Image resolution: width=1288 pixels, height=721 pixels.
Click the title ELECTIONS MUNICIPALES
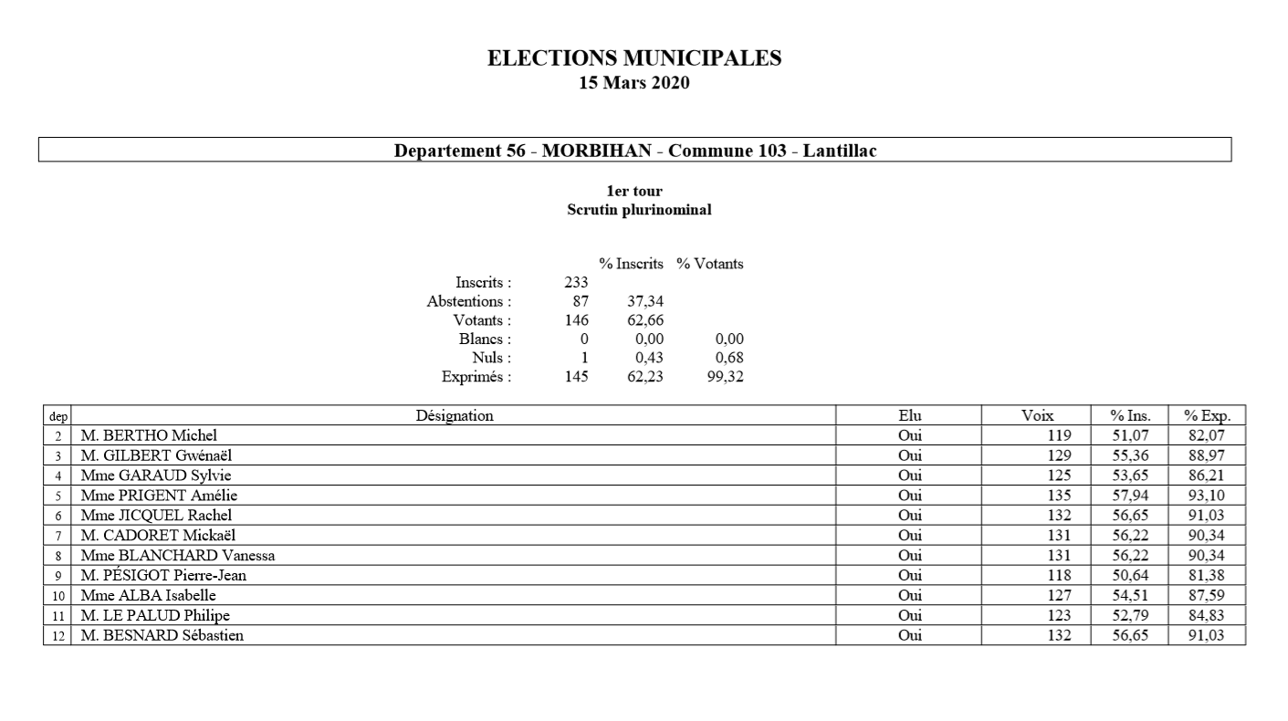634,58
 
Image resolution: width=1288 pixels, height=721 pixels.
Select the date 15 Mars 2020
634,83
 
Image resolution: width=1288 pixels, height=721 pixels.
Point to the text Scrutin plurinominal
639,209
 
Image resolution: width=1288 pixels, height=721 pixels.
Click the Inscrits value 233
576,283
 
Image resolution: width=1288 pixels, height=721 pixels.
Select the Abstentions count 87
580,301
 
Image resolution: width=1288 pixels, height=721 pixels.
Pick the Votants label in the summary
482,320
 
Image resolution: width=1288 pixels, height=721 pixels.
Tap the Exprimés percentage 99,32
725,376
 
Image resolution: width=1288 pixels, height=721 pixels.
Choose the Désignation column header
454,416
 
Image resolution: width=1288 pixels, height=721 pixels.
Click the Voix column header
1037,416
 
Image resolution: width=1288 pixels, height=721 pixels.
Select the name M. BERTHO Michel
149,435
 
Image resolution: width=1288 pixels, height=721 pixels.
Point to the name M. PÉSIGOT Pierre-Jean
163,575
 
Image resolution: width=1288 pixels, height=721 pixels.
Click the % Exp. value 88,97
1207,455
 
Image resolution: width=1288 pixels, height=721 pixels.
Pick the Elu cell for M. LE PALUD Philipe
909,615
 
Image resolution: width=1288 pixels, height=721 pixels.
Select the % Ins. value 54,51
1129,595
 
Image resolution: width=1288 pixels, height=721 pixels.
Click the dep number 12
58,636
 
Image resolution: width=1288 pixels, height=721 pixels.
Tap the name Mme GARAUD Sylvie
159,475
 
